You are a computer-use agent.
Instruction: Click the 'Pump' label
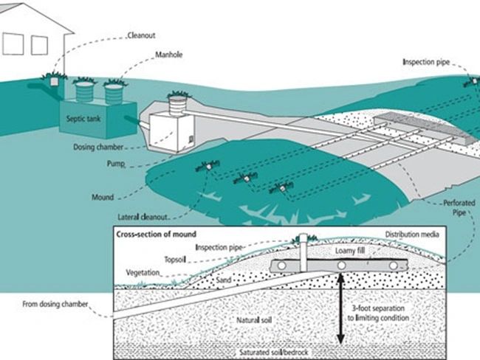(x=115, y=162)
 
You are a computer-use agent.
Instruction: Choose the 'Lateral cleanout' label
(x=145, y=216)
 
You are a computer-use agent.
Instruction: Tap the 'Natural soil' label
(x=255, y=322)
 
